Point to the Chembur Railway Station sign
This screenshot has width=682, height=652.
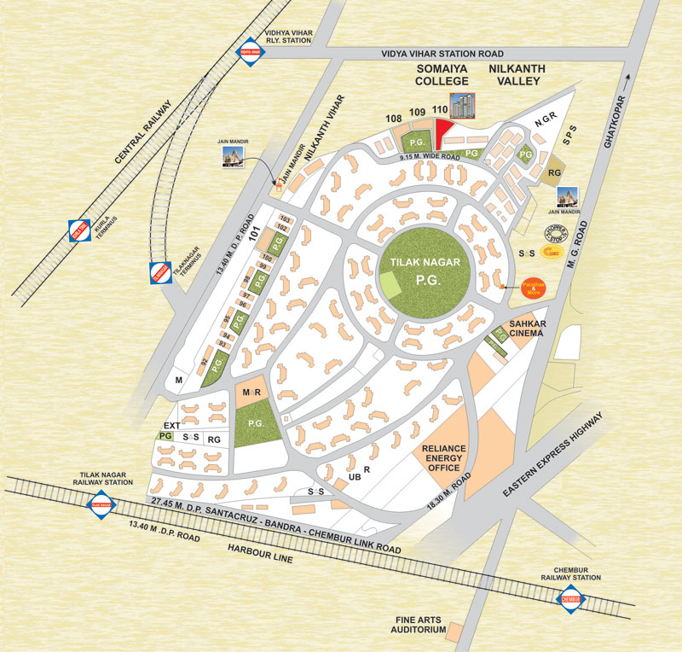(573, 600)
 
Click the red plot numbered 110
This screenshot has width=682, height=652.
(442, 133)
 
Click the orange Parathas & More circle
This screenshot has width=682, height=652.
(535, 288)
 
